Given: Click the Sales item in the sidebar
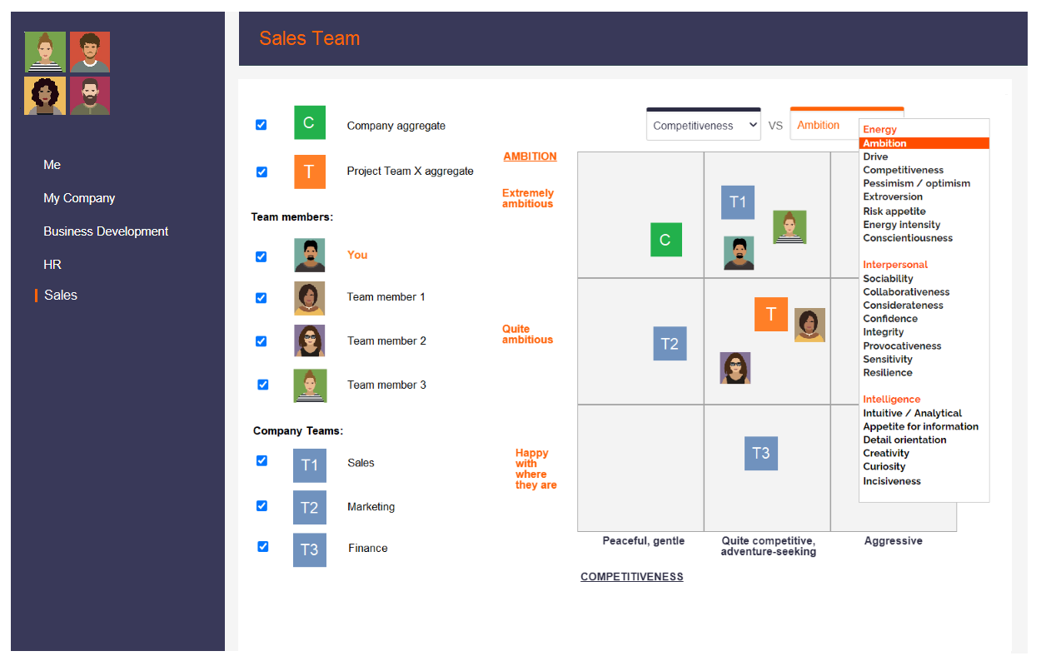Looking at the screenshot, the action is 61,295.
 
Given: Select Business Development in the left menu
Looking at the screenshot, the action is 106,231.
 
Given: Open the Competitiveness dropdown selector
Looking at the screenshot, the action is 704,126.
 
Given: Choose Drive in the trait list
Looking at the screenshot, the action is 875,157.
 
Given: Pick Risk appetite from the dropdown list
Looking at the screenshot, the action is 894,211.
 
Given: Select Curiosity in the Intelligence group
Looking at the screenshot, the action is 884,466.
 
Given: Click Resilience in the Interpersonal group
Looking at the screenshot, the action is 887,372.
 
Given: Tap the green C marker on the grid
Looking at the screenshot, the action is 666,240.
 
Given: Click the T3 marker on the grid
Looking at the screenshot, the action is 761,453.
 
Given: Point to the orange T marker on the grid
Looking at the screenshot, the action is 771,314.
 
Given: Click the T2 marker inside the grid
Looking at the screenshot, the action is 670,344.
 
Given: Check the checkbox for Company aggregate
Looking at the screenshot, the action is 261,125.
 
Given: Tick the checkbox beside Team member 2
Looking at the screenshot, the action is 261,341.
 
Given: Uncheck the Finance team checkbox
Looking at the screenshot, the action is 263,547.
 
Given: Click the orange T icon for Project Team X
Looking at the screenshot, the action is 310,171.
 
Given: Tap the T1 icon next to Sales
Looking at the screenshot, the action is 310,465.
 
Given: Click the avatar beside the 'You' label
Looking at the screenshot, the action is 310,255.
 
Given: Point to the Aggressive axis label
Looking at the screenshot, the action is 894,540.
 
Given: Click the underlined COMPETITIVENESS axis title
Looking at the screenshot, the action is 631,577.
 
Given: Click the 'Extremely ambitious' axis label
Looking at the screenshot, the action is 527,198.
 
